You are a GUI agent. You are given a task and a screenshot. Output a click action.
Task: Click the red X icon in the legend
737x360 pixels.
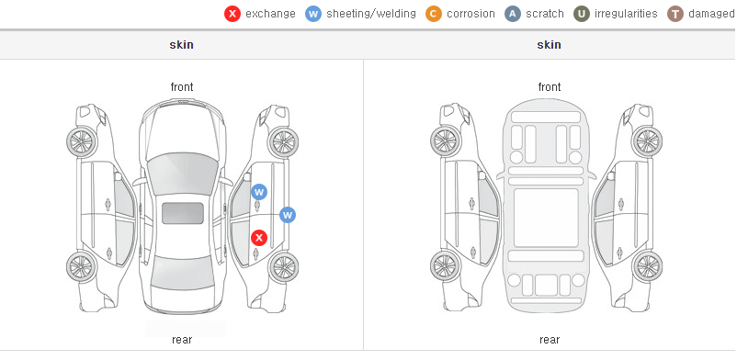click(232, 14)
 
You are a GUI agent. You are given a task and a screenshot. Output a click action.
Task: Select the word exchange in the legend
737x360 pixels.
click(270, 14)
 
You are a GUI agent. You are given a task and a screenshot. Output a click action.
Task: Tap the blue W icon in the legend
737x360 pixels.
click(313, 14)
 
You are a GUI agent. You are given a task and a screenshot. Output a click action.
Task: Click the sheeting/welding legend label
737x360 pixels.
click(371, 14)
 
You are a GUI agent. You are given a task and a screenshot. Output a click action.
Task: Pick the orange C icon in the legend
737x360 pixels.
click(434, 14)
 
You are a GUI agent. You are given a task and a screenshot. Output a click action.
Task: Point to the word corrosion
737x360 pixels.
click(471, 14)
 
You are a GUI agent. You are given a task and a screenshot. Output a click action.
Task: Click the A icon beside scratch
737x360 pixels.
click(513, 14)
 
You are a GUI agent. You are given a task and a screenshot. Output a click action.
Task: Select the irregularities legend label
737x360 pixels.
click(626, 14)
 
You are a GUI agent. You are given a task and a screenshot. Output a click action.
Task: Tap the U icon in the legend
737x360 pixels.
click(582, 14)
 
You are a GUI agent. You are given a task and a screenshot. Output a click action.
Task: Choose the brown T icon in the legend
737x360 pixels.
click(675, 14)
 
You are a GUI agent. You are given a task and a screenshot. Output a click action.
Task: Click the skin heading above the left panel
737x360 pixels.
click(181, 45)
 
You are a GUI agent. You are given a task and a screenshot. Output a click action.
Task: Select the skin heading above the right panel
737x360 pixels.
click(549, 45)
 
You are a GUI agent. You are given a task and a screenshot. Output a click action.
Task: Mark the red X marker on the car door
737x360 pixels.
click(259, 238)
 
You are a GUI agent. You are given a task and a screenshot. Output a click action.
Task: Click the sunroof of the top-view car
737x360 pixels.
click(183, 213)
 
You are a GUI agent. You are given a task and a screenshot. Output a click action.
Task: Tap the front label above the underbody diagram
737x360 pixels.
click(550, 87)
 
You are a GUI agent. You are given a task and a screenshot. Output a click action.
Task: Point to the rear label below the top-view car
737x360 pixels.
click(182, 340)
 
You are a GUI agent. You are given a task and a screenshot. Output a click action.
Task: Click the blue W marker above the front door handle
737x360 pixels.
click(259, 192)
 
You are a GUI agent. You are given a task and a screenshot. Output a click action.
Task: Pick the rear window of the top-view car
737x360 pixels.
click(183, 273)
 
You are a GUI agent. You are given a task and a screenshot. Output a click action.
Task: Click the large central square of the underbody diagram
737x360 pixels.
click(546, 218)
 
